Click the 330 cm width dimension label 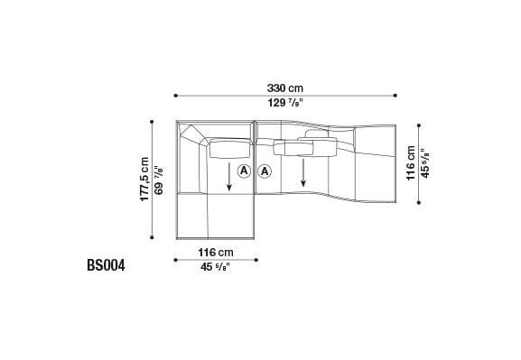click(x=284, y=88)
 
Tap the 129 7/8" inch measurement click(x=284, y=103)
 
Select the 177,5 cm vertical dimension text click(x=144, y=180)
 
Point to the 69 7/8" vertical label click(x=159, y=180)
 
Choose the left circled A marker click(x=244, y=171)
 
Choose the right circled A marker click(x=265, y=171)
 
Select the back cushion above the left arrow click(x=229, y=146)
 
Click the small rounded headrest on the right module click(x=317, y=134)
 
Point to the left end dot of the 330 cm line click(x=175, y=95)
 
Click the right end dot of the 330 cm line click(x=395, y=95)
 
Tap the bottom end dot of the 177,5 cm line click(x=153, y=237)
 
